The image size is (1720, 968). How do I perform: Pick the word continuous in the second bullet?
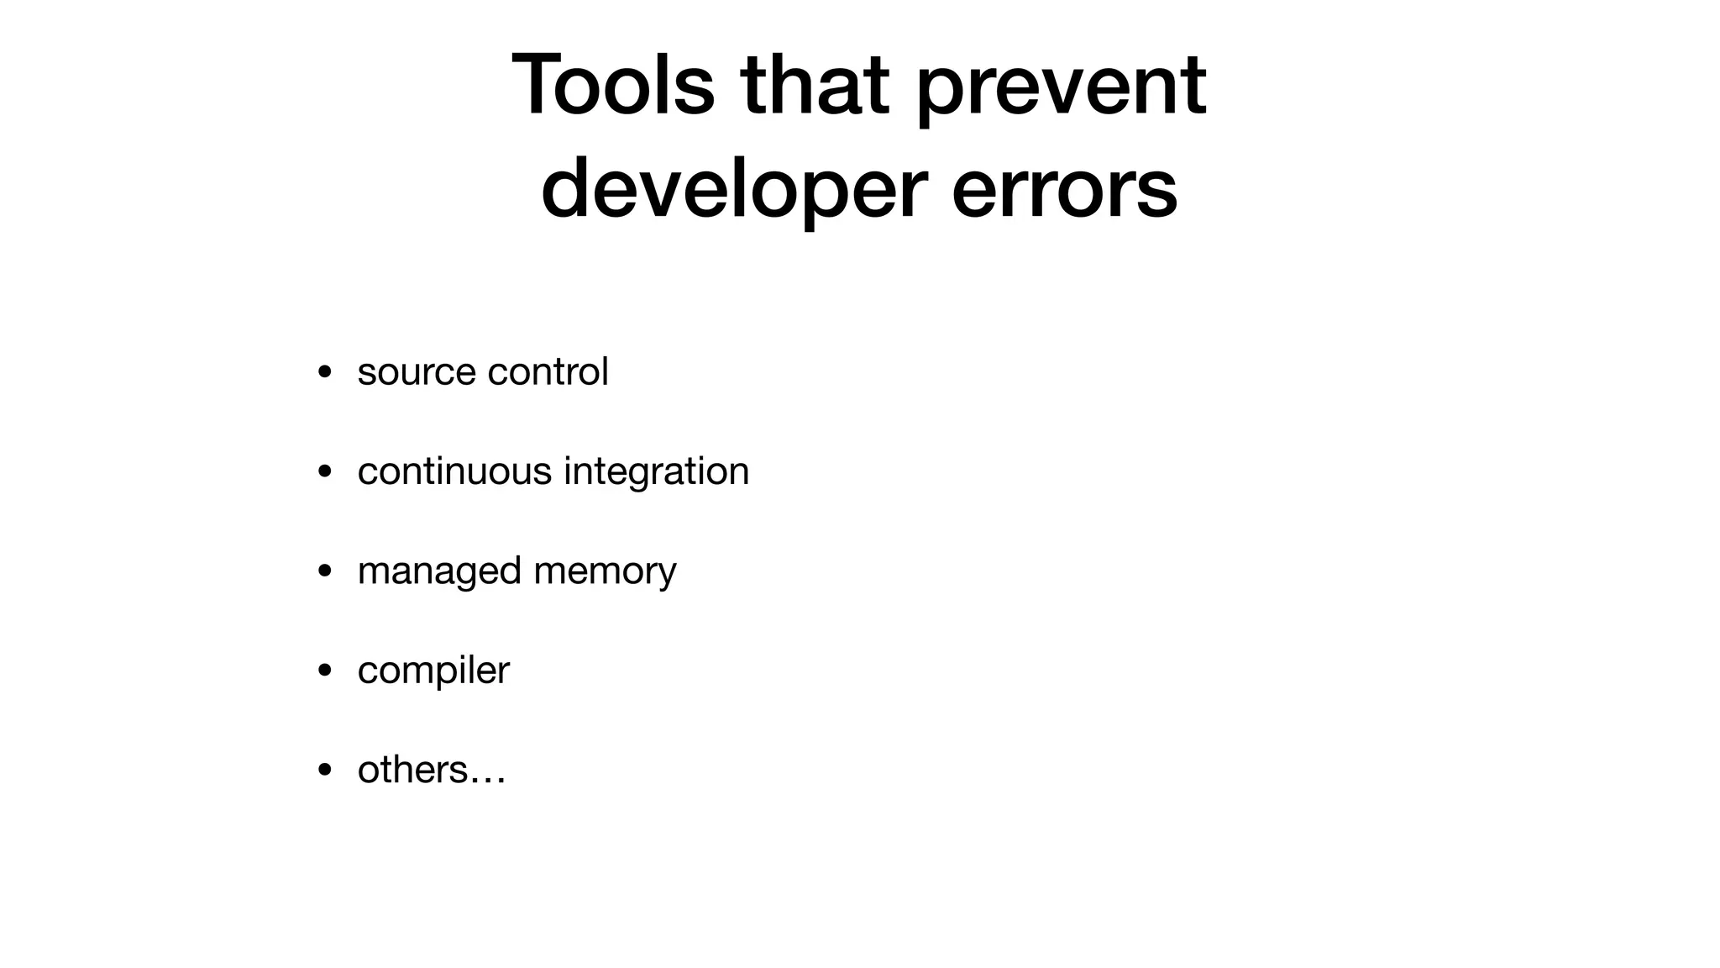click(x=454, y=471)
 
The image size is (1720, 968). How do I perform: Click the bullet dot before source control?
click(x=324, y=372)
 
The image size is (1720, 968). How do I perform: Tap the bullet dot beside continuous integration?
click(x=324, y=471)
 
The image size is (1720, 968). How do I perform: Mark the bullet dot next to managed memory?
click(x=324, y=571)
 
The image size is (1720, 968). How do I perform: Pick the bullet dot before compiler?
click(x=324, y=671)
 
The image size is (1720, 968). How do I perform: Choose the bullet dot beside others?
click(x=324, y=770)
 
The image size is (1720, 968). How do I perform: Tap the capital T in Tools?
click(x=538, y=86)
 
